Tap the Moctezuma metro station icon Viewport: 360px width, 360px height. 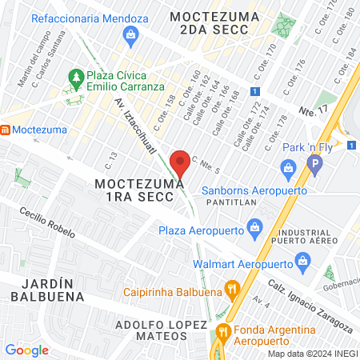tap(5, 129)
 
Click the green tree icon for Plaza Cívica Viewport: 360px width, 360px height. tap(76, 78)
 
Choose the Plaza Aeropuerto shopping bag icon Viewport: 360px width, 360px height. tap(254, 227)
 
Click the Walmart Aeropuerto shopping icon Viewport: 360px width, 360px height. tap(302, 260)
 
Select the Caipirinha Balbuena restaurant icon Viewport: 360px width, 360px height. tap(232, 288)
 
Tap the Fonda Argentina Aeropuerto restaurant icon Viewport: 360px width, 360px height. tap(225, 330)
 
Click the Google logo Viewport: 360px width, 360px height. tap(26, 350)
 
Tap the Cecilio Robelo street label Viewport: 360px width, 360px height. tap(49, 223)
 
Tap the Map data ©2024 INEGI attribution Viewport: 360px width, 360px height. tap(312, 354)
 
